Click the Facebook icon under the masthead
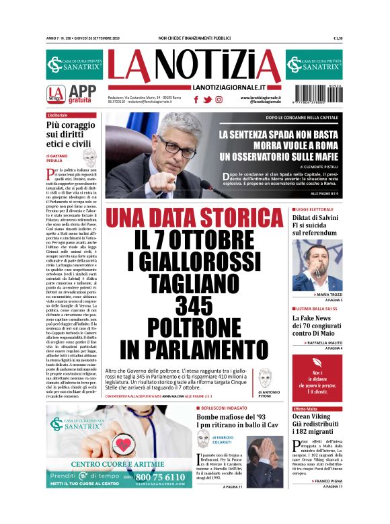click(196, 99)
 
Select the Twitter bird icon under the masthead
click(208, 99)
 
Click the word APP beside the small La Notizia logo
click(83, 92)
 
